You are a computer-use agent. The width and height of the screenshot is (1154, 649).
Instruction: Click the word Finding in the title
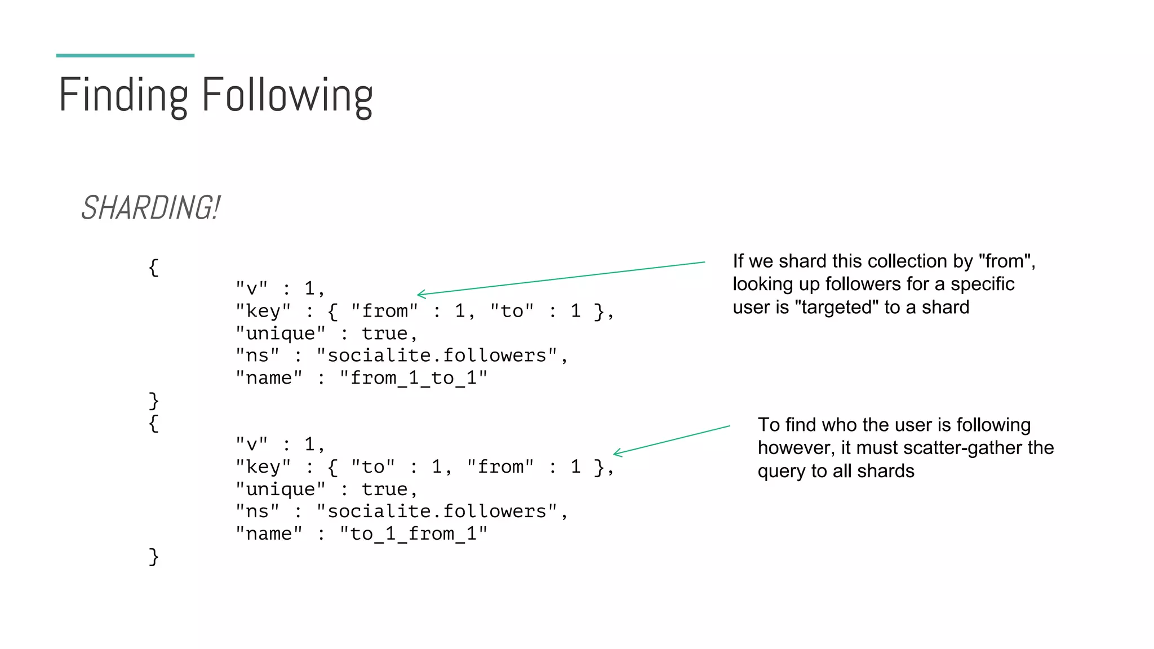123,96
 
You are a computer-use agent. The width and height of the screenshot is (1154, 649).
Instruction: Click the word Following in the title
287,96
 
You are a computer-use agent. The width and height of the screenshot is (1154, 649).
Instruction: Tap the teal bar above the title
125,55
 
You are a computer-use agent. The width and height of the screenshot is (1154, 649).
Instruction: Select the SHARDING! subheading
150,207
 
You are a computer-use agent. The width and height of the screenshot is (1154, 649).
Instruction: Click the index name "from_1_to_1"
413,377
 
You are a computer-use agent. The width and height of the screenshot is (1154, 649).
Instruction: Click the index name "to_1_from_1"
413,534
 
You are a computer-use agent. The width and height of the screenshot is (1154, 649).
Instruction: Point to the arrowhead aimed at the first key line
419,294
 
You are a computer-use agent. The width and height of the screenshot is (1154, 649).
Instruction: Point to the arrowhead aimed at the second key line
615,453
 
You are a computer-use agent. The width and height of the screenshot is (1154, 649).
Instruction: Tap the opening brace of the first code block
153,268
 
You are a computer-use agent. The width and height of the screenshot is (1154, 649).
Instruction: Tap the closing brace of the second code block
153,557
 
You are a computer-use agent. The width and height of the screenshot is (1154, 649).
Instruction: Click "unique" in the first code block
280,334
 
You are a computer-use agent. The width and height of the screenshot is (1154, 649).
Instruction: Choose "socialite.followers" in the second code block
437,512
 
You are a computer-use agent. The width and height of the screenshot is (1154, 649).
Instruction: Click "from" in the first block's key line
384,311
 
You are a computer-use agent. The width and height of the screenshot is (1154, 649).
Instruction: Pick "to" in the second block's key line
372,467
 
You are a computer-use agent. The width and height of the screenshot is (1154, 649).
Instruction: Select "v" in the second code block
251,444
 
